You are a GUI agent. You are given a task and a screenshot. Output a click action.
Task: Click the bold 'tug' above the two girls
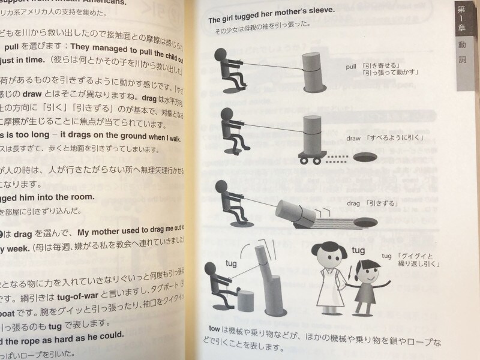point(358,250)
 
